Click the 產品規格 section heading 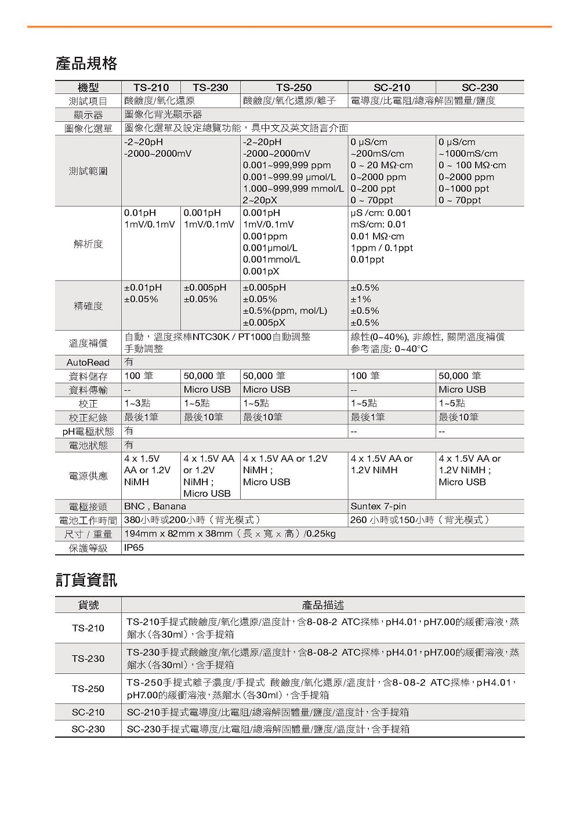click(x=86, y=63)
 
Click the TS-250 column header click(x=293, y=88)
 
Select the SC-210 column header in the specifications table click(x=391, y=88)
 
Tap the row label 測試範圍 click(x=88, y=171)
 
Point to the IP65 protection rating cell click(x=134, y=548)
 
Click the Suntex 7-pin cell click(x=378, y=506)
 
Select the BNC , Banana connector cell click(x=155, y=506)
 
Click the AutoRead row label click(x=88, y=362)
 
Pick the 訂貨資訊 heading click(x=86, y=580)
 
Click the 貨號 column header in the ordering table click(x=88, y=605)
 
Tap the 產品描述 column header click(x=322, y=605)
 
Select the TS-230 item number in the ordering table click(x=88, y=658)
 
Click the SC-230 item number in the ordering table click(x=88, y=729)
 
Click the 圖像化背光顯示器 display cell click(x=164, y=114)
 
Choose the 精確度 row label click(x=88, y=306)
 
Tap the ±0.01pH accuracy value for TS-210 click(x=143, y=288)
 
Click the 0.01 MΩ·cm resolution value click(x=377, y=236)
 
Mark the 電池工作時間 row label click(x=88, y=520)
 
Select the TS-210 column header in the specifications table click(x=151, y=88)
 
